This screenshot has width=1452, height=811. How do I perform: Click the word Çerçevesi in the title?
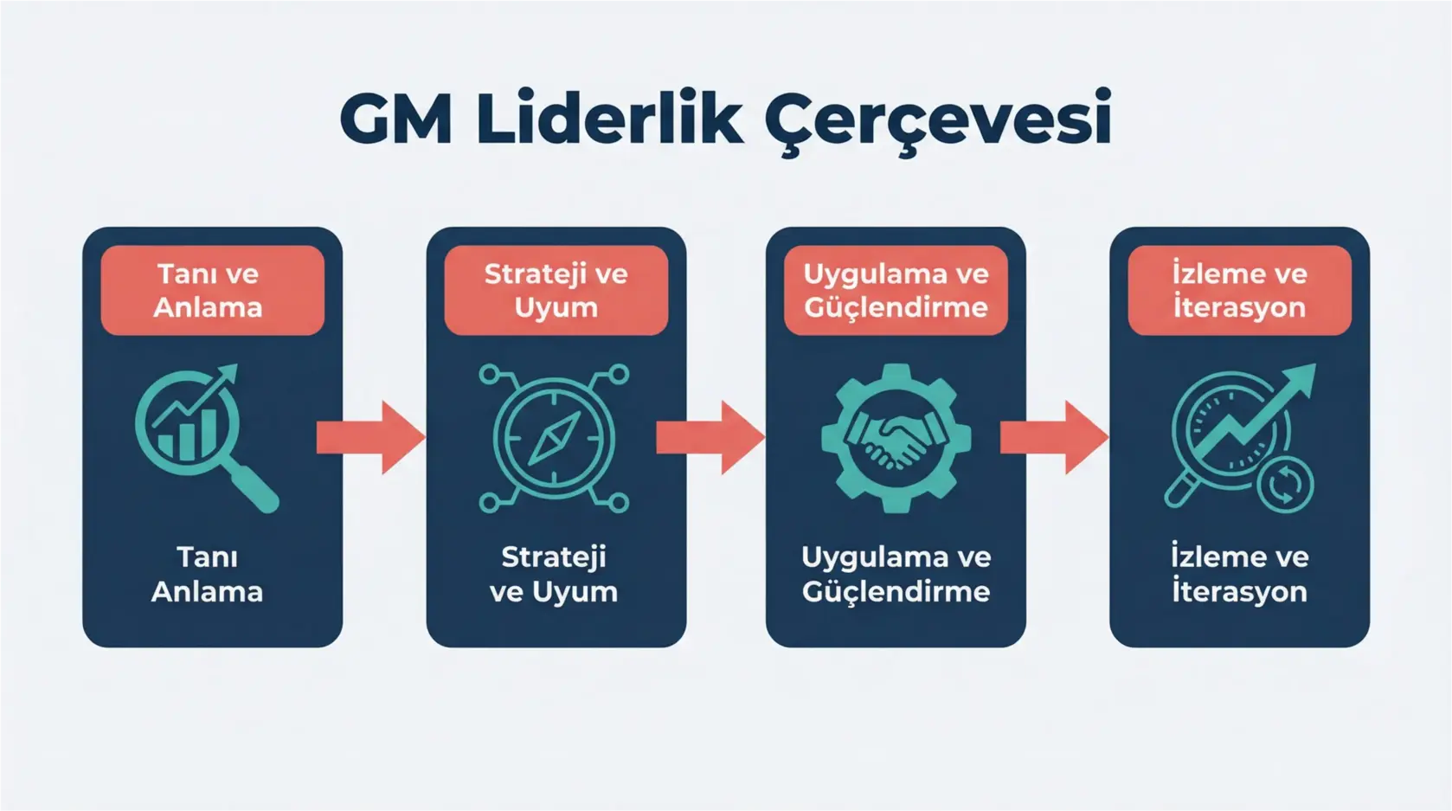click(938, 119)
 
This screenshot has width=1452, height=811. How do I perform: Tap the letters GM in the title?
click(395, 119)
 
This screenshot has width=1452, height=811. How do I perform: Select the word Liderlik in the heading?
click(608, 119)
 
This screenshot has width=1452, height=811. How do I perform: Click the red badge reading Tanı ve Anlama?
click(212, 290)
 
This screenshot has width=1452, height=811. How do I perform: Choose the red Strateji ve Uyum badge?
click(556, 290)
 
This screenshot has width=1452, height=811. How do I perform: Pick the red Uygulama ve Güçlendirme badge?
click(896, 290)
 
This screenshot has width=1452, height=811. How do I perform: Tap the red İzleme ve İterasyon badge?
click(1239, 290)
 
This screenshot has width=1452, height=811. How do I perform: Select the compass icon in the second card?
click(554, 438)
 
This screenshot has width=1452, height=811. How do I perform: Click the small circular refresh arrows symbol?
click(1285, 484)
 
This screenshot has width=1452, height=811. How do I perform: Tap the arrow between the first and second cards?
click(370, 438)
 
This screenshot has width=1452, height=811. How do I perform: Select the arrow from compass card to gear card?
click(710, 438)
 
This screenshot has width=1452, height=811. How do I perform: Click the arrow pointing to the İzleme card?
click(1054, 438)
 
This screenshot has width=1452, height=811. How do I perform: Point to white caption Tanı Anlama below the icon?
click(208, 574)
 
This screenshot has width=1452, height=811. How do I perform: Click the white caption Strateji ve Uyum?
click(554, 574)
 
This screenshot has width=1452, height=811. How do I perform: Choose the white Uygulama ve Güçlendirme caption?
click(896, 574)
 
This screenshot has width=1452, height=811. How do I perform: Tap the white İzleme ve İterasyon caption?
click(1239, 574)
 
